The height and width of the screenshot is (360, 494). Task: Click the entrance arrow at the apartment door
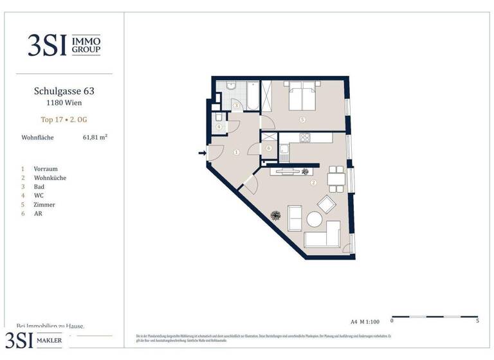[202, 153]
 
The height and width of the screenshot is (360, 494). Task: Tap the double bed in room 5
[301, 98]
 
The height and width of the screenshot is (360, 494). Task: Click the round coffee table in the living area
[314, 219]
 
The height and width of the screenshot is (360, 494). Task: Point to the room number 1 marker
[236, 152]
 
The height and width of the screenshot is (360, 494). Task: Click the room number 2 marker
[313, 183]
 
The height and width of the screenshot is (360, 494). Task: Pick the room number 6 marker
[268, 148]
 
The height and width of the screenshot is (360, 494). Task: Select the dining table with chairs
[336, 178]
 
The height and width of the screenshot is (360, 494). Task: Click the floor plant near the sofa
[276, 215]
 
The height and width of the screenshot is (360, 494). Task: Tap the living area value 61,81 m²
[95, 137]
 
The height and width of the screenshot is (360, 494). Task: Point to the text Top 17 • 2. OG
[63, 120]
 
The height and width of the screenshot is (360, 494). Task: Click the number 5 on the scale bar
[477, 320]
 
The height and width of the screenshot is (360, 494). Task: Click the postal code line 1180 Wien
[63, 103]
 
